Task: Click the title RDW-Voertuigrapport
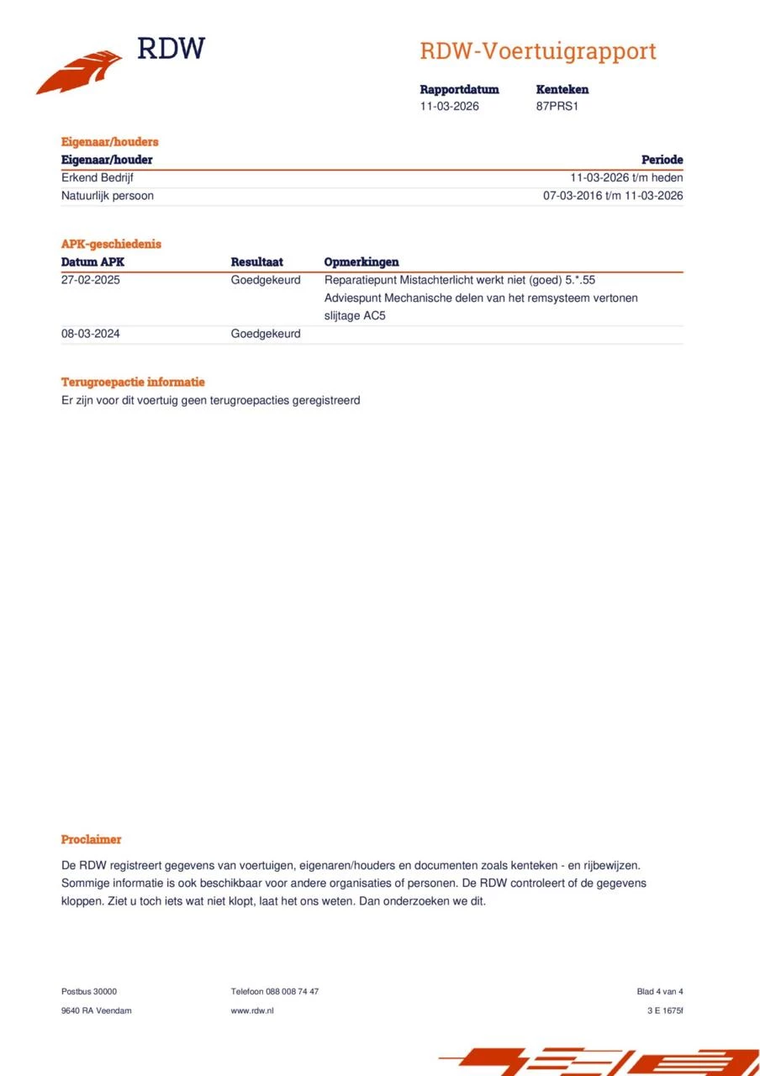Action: pos(538,51)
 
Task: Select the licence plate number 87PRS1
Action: pos(557,107)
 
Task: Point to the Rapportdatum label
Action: pos(459,89)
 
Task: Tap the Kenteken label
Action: pos(562,89)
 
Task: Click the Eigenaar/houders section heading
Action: pos(109,142)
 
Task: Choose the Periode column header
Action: pos(662,160)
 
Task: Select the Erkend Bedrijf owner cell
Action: pos(98,178)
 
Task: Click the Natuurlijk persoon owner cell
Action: pos(108,196)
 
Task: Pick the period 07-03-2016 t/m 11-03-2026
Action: pos(613,196)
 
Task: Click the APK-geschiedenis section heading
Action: pos(111,244)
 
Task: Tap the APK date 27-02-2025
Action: pos(91,280)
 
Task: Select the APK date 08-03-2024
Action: pos(91,334)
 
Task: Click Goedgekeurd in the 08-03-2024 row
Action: pos(266,334)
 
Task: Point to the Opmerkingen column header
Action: pos(362,262)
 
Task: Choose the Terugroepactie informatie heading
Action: pos(133,382)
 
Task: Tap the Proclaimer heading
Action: pos(91,839)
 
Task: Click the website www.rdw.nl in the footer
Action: pos(252,1010)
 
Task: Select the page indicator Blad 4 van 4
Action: pos(660,992)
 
